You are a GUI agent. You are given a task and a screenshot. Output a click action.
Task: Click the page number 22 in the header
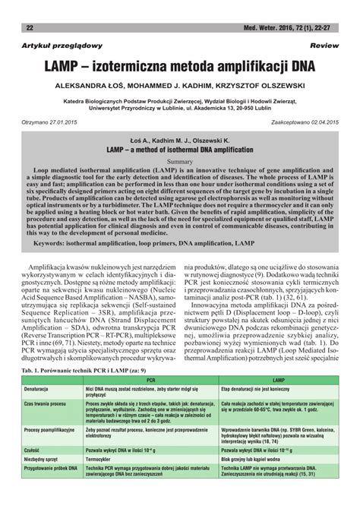[30, 28]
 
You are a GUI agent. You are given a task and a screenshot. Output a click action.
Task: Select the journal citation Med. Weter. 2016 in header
[281, 28]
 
